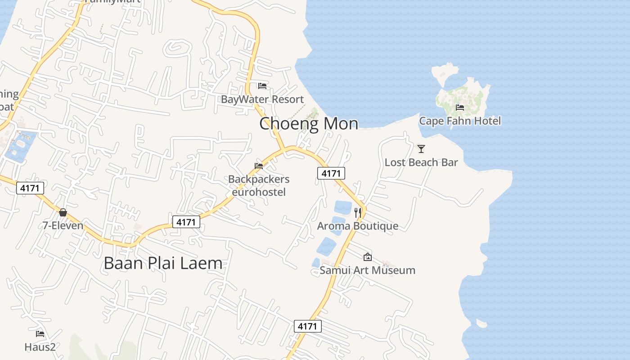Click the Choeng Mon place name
point(309,123)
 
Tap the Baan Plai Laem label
point(163,263)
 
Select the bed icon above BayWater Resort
point(262,85)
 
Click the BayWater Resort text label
point(262,99)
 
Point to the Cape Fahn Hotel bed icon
point(459,107)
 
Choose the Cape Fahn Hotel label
point(459,121)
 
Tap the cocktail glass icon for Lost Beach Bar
point(421,148)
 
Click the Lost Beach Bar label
point(421,162)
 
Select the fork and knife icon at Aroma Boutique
point(358,212)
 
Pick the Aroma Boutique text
point(358,226)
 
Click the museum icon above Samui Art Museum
point(367,257)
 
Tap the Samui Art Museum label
point(367,270)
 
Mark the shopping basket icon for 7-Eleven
point(63,212)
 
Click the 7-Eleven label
point(63,225)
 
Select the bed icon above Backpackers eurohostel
point(259,166)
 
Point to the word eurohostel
point(259,193)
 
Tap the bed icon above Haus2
point(40,334)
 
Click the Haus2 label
point(40,347)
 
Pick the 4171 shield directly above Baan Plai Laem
point(186,222)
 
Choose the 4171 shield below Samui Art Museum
point(308,326)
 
